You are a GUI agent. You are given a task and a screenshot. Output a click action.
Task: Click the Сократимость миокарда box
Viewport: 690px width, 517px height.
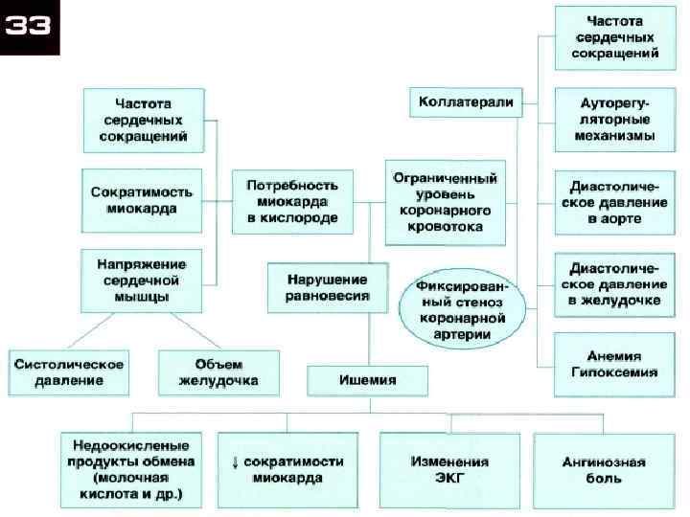click(142, 199)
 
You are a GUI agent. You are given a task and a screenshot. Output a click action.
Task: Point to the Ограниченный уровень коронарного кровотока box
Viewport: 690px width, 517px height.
click(447, 201)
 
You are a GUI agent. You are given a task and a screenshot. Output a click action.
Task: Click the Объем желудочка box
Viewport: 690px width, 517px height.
click(219, 372)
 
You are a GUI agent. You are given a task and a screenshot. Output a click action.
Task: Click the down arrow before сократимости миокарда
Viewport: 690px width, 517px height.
click(236, 461)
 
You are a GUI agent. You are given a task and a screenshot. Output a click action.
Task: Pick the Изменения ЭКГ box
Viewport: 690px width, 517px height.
click(449, 470)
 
